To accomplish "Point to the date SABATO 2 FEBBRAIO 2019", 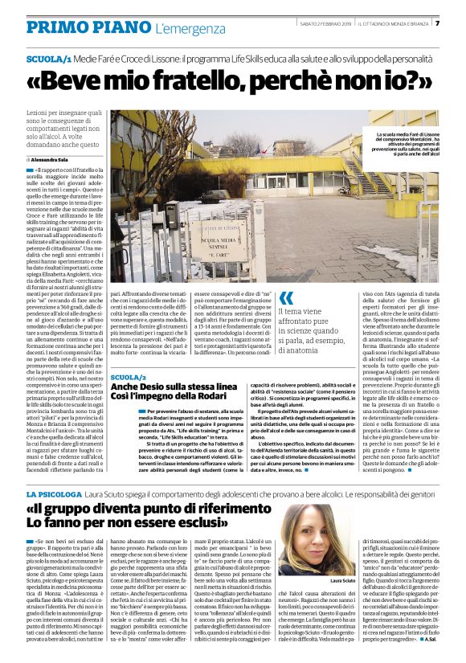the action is pos(325,23).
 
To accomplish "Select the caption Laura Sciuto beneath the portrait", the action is pos(344,579).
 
